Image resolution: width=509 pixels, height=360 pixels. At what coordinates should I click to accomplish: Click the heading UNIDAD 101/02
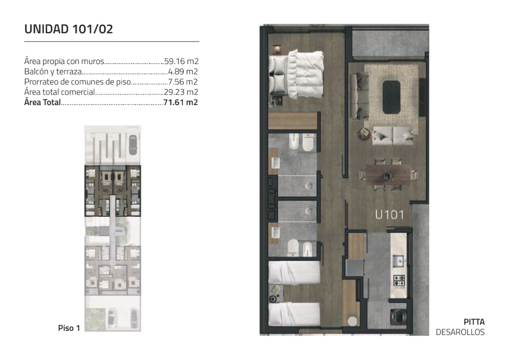[68, 29]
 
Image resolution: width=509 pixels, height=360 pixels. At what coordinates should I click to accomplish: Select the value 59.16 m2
[181, 61]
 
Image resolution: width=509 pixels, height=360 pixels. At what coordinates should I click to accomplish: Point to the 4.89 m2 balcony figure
[183, 72]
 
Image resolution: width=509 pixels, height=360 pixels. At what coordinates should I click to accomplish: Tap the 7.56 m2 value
[183, 82]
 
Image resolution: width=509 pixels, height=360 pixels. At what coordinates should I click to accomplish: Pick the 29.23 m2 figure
[181, 92]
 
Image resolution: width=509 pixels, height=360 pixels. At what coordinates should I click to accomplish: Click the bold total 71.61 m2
[181, 102]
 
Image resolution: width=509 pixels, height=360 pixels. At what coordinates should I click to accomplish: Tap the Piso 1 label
[69, 328]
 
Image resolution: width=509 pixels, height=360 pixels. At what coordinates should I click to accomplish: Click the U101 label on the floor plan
[389, 214]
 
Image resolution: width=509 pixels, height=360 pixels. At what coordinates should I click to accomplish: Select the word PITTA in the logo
[474, 322]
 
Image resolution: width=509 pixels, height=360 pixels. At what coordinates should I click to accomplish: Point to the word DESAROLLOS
[460, 332]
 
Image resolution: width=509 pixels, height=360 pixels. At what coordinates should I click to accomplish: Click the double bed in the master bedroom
[296, 74]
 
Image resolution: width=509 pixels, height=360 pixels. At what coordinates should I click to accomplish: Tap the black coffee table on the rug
[392, 97]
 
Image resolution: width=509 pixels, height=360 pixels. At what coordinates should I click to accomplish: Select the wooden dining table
[388, 175]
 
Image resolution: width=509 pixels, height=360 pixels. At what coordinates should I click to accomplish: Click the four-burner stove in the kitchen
[399, 280]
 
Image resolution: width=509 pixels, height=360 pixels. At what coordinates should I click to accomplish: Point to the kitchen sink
[398, 261]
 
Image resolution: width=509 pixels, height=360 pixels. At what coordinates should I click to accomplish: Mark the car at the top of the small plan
[133, 145]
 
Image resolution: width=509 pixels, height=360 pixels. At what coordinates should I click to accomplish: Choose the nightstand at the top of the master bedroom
[277, 49]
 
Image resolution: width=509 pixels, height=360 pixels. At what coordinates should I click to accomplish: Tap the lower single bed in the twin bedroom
[294, 314]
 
